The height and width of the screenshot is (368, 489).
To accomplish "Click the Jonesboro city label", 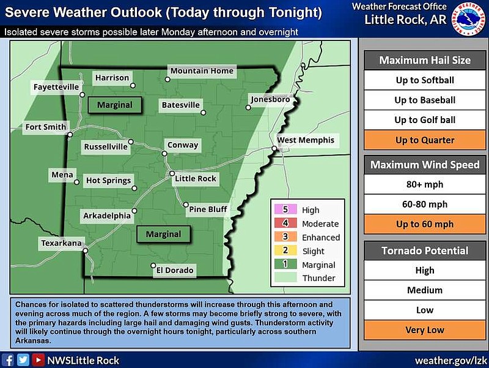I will pos(270,99).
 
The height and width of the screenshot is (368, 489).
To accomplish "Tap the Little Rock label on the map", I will pos(196,178).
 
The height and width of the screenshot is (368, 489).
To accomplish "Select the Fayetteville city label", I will pos(56,87).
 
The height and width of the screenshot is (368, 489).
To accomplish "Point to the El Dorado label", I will pos(175,270).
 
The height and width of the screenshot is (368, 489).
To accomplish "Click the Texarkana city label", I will pos(61,243).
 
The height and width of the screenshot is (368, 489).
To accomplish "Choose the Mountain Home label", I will pos(202,70).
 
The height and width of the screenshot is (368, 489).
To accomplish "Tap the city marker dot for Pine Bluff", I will pos(186,205).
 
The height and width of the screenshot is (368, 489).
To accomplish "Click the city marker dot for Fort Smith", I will pos(70,135).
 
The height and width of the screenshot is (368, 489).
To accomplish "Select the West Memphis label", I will pos(306,140).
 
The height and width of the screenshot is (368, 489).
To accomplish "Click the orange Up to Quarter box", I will pos(424,140).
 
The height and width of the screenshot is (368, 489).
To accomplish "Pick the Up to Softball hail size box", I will pos(424,80).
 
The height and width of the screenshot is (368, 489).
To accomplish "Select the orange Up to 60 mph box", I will pos(424,224).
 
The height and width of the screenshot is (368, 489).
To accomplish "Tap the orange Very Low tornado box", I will pos(424,330).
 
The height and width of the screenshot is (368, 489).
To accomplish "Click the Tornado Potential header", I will pos(424,250).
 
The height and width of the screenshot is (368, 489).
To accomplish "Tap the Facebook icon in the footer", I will pos(9,360).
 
